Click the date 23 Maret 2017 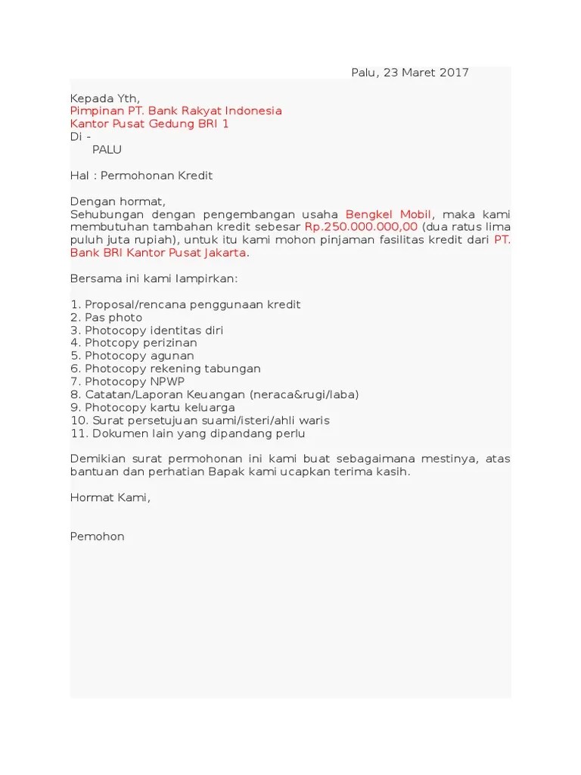pyautogui.click(x=426, y=73)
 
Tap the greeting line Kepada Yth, pyautogui.click(x=105, y=98)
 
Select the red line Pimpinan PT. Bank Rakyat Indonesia pyautogui.click(x=176, y=111)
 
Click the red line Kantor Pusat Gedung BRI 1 pyautogui.click(x=149, y=124)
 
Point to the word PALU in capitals pyautogui.click(x=107, y=150)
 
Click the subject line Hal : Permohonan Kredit pyautogui.click(x=141, y=176)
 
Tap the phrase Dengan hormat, pyautogui.click(x=117, y=201)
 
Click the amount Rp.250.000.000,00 pyautogui.click(x=362, y=227)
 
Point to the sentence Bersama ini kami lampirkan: pyautogui.click(x=154, y=279)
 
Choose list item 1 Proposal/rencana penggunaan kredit pyautogui.click(x=185, y=304)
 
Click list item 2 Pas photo pyautogui.click(x=106, y=317)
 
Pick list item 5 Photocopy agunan pyautogui.click(x=132, y=356)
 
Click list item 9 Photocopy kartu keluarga pyautogui.click(x=152, y=407)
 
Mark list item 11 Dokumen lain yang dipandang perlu pyautogui.click(x=188, y=433)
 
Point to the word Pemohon pyautogui.click(x=97, y=536)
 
